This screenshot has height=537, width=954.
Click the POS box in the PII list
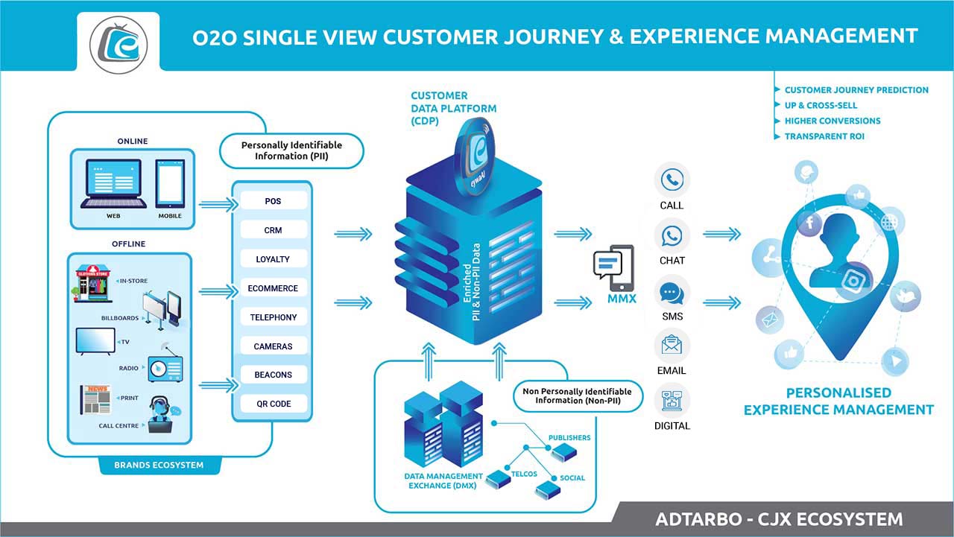pos(273,201)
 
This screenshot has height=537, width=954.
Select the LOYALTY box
pos(273,259)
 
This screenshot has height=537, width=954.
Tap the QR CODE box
pos(273,404)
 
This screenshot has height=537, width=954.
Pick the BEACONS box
pos(273,375)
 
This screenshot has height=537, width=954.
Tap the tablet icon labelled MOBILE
pos(169,185)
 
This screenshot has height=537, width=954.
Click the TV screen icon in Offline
pos(95,340)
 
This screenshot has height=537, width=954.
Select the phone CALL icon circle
pos(672,180)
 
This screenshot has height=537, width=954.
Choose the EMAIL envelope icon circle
pos(672,346)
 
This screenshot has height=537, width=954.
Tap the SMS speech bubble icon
pos(672,291)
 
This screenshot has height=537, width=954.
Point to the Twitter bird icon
pos(906,296)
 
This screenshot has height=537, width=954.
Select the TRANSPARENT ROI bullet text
pos(824,136)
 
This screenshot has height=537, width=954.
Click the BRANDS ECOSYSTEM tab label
pos(159,465)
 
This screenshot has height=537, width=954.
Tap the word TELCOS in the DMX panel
pos(524,474)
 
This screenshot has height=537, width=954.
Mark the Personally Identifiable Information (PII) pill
pos(291,151)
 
